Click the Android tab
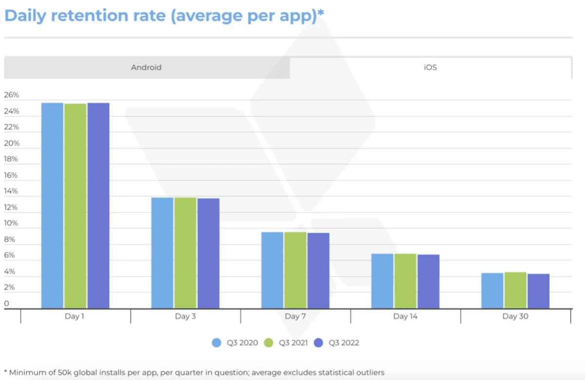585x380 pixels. click(146, 67)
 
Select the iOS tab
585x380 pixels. click(430, 67)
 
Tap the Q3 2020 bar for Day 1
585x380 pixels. click(52, 205)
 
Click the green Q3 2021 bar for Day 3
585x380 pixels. click(185, 253)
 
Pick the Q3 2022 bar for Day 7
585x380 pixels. click(318, 270)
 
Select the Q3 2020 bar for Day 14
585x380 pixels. click(382, 281)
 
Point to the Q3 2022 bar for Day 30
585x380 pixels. click(538, 291)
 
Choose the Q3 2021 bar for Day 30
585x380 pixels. click(515, 290)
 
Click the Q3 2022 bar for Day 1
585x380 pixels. click(98, 205)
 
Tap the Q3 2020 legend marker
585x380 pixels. click(216, 343)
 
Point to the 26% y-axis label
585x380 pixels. click(12, 95)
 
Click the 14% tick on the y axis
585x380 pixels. click(12, 191)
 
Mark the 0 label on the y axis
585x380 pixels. click(7, 303)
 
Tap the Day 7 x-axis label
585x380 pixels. click(295, 317)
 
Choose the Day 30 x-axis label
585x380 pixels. click(515, 317)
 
